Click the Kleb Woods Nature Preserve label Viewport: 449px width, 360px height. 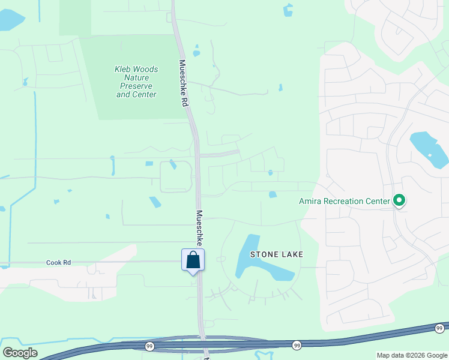pyautogui.click(x=136, y=82)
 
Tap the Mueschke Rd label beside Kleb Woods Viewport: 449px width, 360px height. pyautogui.click(x=183, y=83)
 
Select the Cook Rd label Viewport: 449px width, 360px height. pyautogui.click(x=58, y=263)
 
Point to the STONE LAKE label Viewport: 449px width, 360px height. pyautogui.click(x=277, y=254)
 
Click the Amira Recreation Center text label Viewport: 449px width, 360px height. pyautogui.click(x=345, y=201)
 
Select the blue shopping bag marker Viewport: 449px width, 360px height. pyautogui.click(x=193, y=260)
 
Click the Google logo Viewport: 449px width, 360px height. pyautogui.click(x=20, y=353)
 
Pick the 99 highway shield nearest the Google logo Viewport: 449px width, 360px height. pyautogui.click(x=148, y=346)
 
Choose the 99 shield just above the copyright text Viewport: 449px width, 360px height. pyautogui.click(x=439, y=328)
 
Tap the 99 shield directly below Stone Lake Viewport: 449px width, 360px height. pyautogui.click(x=297, y=345)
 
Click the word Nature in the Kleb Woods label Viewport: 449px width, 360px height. pyautogui.click(x=136, y=77)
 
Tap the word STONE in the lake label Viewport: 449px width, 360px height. pyautogui.click(x=262, y=254)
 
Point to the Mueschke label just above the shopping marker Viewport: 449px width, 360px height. pyautogui.click(x=199, y=228)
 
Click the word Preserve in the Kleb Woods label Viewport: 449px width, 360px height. pyautogui.click(x=136, y=86)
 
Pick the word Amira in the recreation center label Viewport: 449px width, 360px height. pyautogui.click(x=310, y=201)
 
